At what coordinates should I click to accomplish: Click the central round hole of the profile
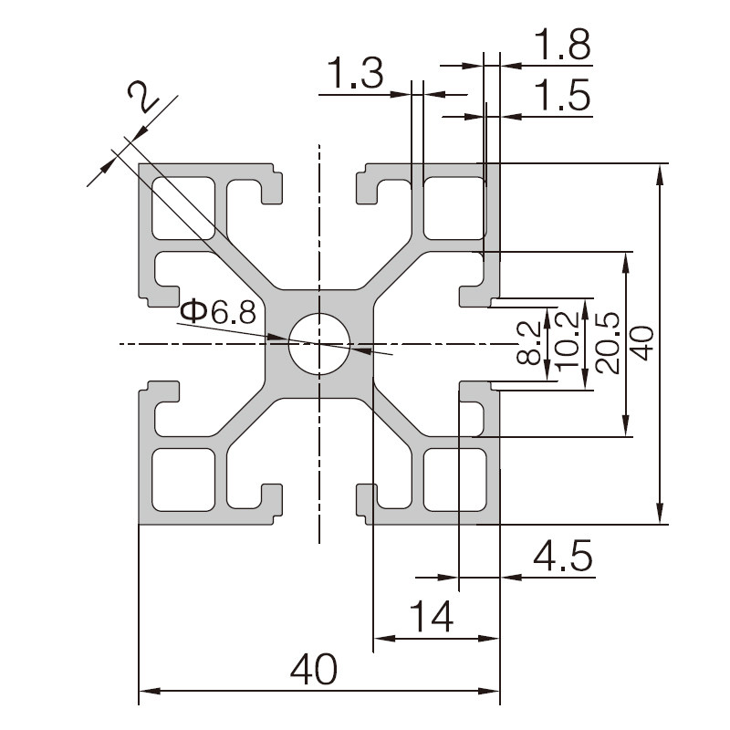click(x=318, y=344)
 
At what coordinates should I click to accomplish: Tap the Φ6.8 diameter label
click(x=218, y=311)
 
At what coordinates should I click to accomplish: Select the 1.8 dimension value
click(x=562, y=45)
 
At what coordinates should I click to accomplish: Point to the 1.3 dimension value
click(x=356, y=73)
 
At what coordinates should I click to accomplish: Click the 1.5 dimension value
click(x=562, y=95)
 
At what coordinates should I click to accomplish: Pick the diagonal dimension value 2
click(x=143, y=96)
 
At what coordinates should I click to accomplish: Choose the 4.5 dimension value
click(x=563, y=556)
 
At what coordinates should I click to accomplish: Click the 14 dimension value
click(x=432, y=616)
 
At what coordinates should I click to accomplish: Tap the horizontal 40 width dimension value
click(x=313, y=670)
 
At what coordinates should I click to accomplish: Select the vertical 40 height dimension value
click(x=644, y=344)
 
